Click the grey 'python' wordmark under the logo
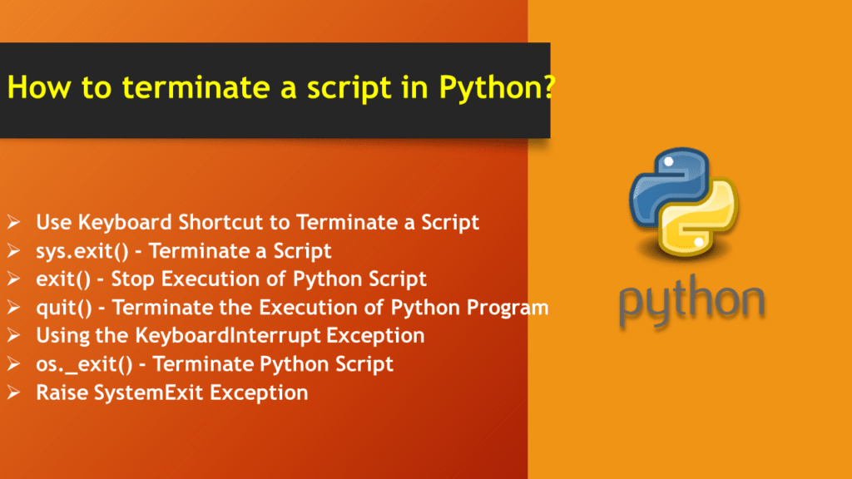tap(690, 304)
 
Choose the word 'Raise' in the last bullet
tap(60, 393)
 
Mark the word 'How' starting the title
tap(32, 88)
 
